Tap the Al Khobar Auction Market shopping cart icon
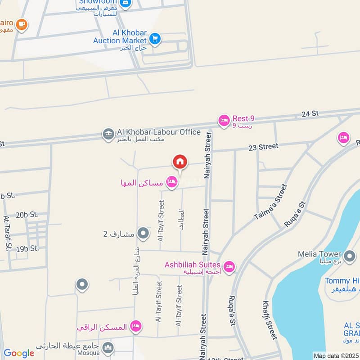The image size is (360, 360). tap(155, 39)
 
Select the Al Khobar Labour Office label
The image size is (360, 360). tap(158, 132)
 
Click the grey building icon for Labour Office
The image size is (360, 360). tap(108, 134)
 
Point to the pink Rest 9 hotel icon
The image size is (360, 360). tap(224, 121)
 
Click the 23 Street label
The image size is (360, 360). tap(263, 147)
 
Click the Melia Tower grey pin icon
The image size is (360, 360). tap(349, 254)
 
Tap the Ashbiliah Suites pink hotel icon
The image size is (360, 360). tap(229, 267)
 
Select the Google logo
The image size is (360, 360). tap(18, 353)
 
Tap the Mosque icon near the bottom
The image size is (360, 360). tap(108, 347)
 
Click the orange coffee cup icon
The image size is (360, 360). tap(21, 24)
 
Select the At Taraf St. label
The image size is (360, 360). tap(7, 233)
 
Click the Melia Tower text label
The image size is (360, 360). tap(319, 254)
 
